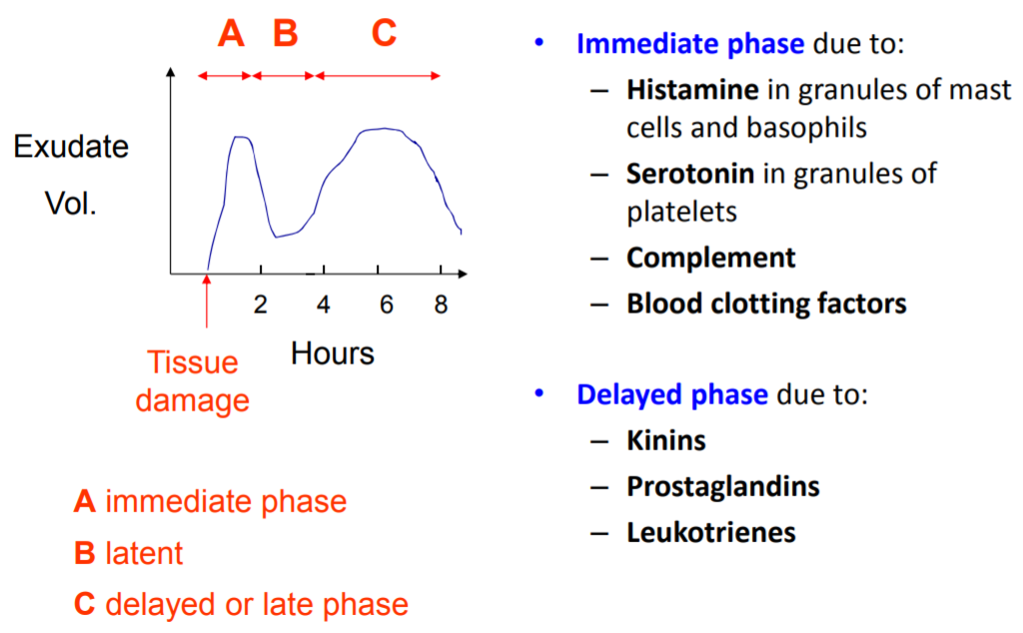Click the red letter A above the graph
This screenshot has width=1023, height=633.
[x=231, y=35]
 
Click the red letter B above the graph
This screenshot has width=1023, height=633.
[x=286, y=35]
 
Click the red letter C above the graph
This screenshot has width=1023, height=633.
[x=384, y=35]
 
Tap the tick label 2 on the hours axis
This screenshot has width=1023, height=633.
[x=261, y=306]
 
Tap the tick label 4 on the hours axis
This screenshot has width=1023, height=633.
[x=323, y=306]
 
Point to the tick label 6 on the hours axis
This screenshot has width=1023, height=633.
[x=386, y=306]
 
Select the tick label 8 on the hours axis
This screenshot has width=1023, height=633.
[x=441, y=306]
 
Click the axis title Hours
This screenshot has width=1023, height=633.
[x=333, y=352]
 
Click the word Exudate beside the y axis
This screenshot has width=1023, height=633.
[x=71, y=148]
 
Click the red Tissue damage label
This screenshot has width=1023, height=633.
[x=192, y=381]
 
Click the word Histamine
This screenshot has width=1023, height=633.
[x=692, y=90]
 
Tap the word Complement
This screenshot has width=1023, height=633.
[x=710, y=258]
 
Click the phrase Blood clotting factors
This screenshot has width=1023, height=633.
[x=766, y=303]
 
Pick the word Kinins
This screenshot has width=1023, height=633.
[x=665, y=440]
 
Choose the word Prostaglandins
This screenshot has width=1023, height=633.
[x=722, y=486]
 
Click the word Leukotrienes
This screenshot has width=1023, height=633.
[x=710, y=532]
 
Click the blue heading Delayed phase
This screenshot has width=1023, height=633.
[x=672, y=393]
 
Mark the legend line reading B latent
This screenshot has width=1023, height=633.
[x=129, y=553]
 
